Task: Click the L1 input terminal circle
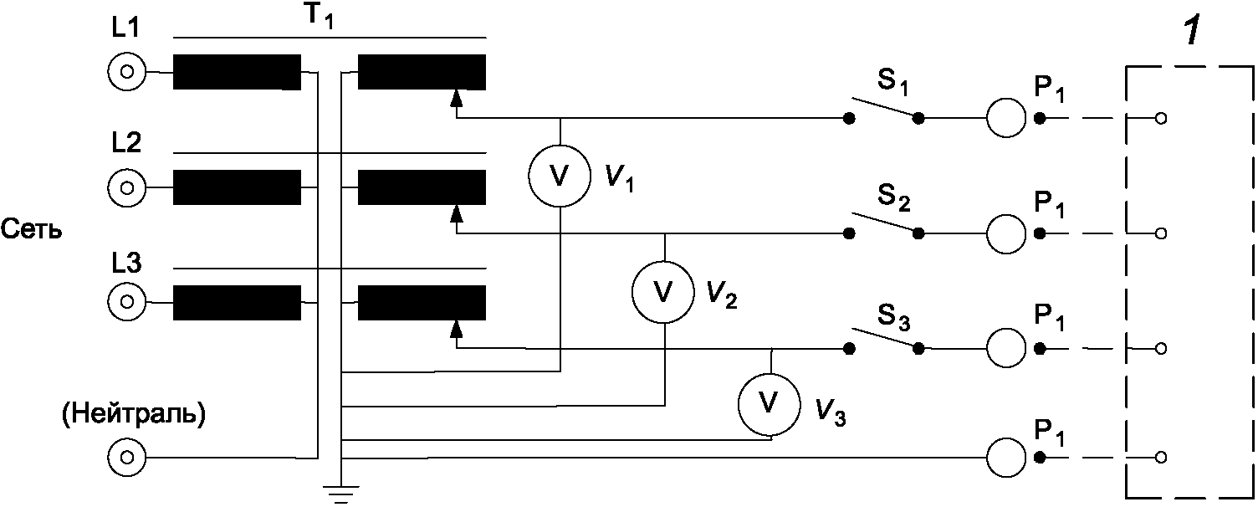(126, 73)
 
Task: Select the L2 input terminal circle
(126, 187)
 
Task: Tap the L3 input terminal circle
(126, 301)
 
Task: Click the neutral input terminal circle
(126, 458)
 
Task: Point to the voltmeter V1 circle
(560, 175)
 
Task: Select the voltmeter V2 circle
(663, 290)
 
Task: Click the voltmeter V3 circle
(770, 405)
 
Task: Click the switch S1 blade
(883, 107)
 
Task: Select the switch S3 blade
(883, 337)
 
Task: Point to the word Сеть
(31, 229)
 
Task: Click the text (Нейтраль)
(134, 415)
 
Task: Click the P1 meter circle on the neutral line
(1006, 458)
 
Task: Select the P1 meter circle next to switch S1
(1006, 118)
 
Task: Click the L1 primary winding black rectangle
(237, 72)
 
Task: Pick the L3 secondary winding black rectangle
(422, 303)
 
